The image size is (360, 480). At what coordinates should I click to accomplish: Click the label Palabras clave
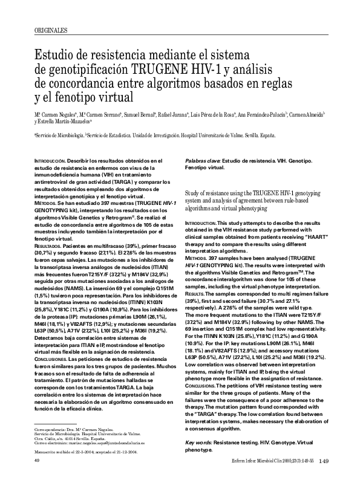tap(201, 161)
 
